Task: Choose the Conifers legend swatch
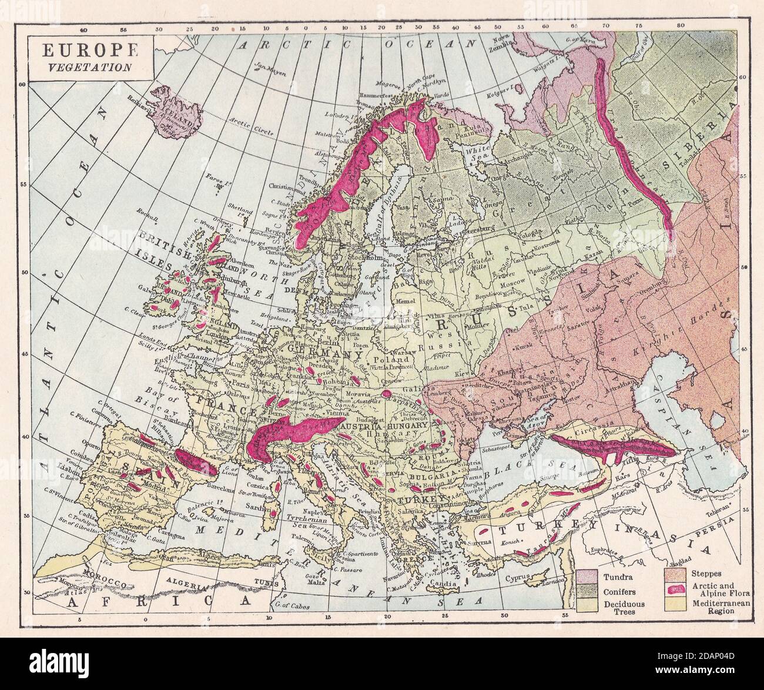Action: click(x=586, y=589)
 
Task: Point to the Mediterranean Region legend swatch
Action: click(x=675, y=604)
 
